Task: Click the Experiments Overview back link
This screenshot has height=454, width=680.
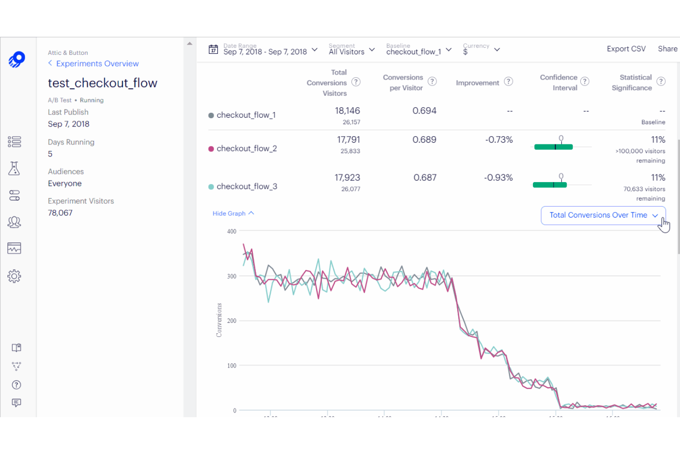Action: pyautogui.click(x=97, y=63)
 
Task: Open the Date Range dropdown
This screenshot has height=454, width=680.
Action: pyautogui.click(x=264, y=50)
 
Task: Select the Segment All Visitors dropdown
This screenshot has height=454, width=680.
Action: pyautogui.click(x=351, y=50)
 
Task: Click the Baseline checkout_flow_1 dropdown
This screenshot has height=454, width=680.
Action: pyautogui.click(x=419, y=50)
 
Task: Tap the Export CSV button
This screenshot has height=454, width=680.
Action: pyautogui.click(x=626, y=49)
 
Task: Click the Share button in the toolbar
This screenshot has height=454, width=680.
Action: pyautogui.click(x=667, y=49)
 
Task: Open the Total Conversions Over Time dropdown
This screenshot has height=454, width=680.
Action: pyautogui.click(x=603, y=215)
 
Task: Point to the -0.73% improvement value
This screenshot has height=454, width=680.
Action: pyautogui.click(x=499, y=140)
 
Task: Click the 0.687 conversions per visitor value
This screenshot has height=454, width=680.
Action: pyautogui.click(x=425, y=178)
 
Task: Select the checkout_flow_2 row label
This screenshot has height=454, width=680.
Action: pyautogui.click(x=246, y=149)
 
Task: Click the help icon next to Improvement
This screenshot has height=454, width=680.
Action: pyautogui.click(x=508, y=81)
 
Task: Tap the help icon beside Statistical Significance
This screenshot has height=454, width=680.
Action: pyautogui.click(x=661, y=81)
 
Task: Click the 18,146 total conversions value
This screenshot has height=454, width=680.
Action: pyautogui.click(x=347, y=111)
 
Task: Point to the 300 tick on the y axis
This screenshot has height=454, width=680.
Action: pyautogui.click(x=232, y=276)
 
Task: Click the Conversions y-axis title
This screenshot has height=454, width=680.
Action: pyautogui.click(x=219, y=320)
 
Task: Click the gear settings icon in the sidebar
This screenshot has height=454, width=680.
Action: pyautogui.click(x=14, y=276)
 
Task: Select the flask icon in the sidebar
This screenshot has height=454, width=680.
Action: pyautogui.click(x=14, y=168)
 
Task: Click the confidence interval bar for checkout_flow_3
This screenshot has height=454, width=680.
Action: pyautogui.click(x=550, y=185)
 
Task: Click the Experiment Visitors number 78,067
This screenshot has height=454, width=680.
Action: pyautogui.click(x=60, y=213)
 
